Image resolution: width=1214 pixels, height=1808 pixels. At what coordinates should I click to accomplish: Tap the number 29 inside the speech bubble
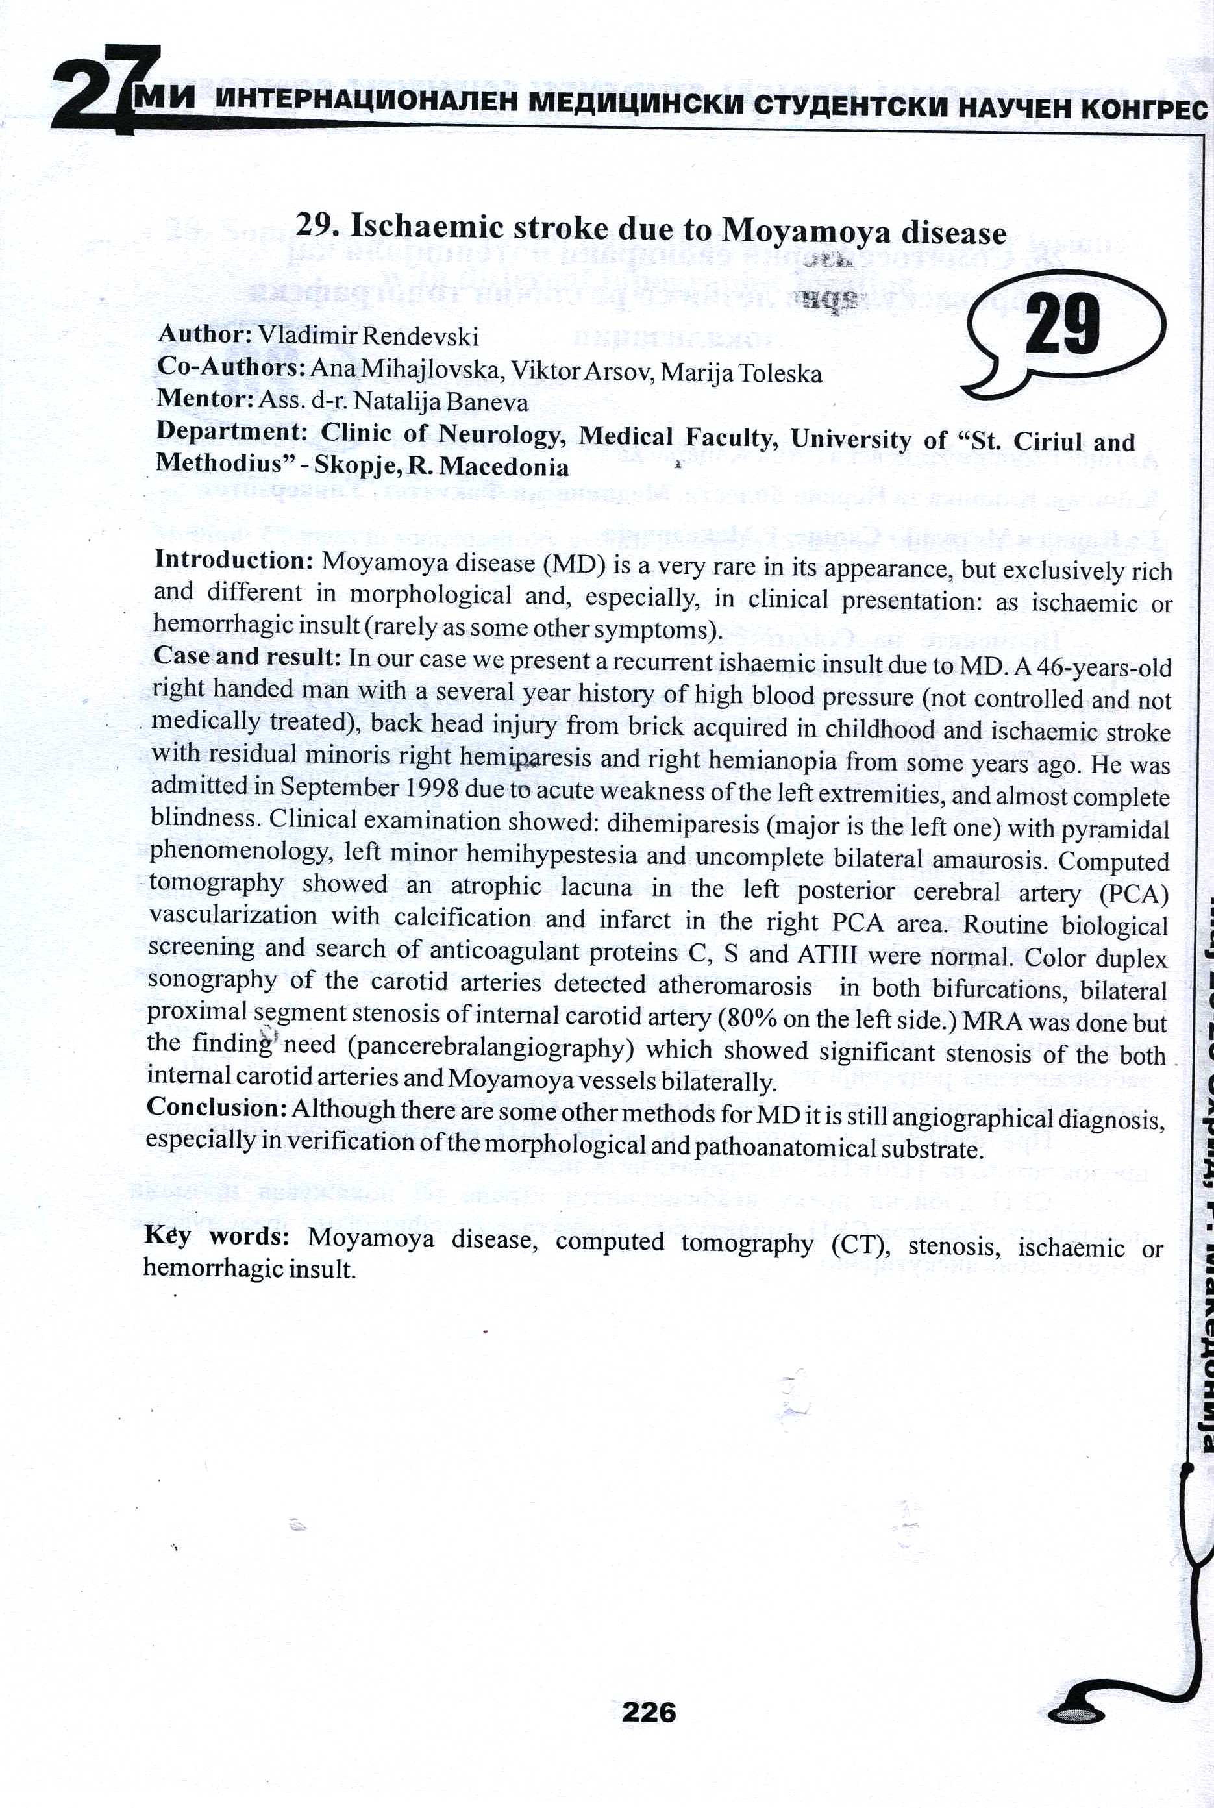(x=1062, y=325)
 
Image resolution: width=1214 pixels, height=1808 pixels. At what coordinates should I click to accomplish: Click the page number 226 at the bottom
(x=649, y=1712)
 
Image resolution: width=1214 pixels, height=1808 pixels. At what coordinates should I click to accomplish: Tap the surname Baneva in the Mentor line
(x=492, y=402)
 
